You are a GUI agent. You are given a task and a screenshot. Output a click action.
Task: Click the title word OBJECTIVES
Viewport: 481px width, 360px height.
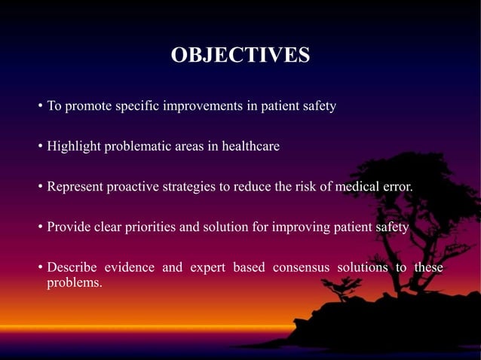click(240, 56)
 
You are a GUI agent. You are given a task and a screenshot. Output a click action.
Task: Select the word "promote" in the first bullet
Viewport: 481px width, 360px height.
click(88, 106)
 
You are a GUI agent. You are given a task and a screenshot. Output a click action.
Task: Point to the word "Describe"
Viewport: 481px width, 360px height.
click(72, 268)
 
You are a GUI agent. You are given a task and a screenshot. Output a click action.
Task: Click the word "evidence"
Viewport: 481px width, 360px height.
click(133, 268)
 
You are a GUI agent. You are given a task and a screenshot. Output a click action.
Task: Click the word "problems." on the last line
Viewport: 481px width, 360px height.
click(75, 283)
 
